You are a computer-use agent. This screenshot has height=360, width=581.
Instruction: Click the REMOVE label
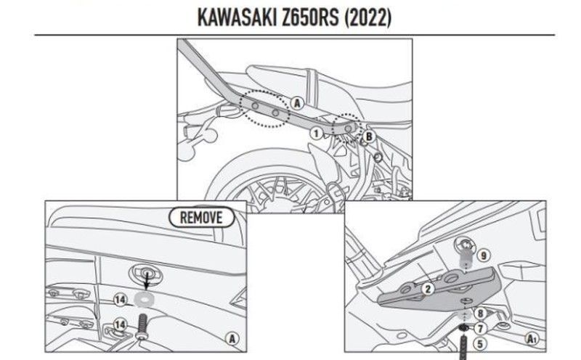coord(202,216)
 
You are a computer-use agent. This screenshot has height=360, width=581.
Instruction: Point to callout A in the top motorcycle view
coord(296,103)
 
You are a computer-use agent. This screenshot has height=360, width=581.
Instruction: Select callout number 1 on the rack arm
coord(316,133)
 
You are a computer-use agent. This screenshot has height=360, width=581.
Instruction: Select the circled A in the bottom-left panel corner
coord(232,337)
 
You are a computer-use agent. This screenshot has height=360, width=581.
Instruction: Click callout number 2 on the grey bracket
coord(428,289)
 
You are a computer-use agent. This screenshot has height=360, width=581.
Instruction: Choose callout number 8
coord(479,313)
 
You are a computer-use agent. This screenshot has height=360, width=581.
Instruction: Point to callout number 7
coord(479,327)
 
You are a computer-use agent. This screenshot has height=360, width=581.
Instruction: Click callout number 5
coord(479,342)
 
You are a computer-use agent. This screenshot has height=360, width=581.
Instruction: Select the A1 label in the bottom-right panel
coord(532,337)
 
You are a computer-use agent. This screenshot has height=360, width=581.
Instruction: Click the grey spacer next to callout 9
coord(466,256)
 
